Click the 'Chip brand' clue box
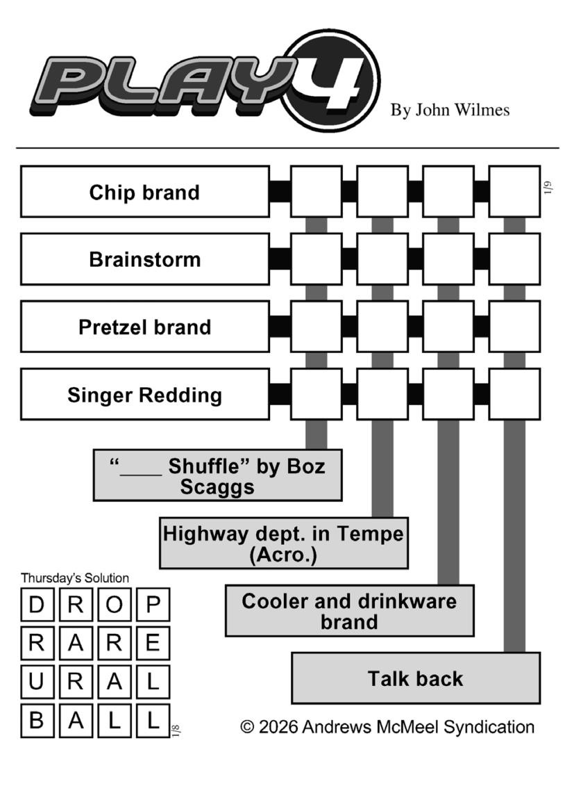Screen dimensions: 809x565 click(144, 192)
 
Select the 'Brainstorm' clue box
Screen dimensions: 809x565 click(144, 259)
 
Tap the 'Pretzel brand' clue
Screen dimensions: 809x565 click(144, 327)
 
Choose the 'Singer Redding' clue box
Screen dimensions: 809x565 click(144, 395)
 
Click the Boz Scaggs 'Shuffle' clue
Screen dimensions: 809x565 click(217, 475)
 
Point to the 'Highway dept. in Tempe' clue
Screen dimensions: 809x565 click(283, 544)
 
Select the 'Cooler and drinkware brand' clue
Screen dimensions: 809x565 click(349, 611)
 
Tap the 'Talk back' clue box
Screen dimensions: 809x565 click(415, 678)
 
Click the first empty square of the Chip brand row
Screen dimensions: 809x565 click(316, 192)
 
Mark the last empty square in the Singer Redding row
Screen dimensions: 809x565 click(514, 395)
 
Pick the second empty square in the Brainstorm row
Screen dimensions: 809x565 click(382, 259)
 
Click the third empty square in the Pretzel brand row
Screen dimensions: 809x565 click(448, 327)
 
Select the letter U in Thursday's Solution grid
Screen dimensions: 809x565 click(37, 682)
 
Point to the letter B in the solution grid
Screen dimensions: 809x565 click(37, 720)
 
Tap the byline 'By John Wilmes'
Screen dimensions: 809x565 click(449, 110)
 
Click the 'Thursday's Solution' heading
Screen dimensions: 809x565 click(75, 578)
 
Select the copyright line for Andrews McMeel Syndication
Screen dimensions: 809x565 click(387, 727)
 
